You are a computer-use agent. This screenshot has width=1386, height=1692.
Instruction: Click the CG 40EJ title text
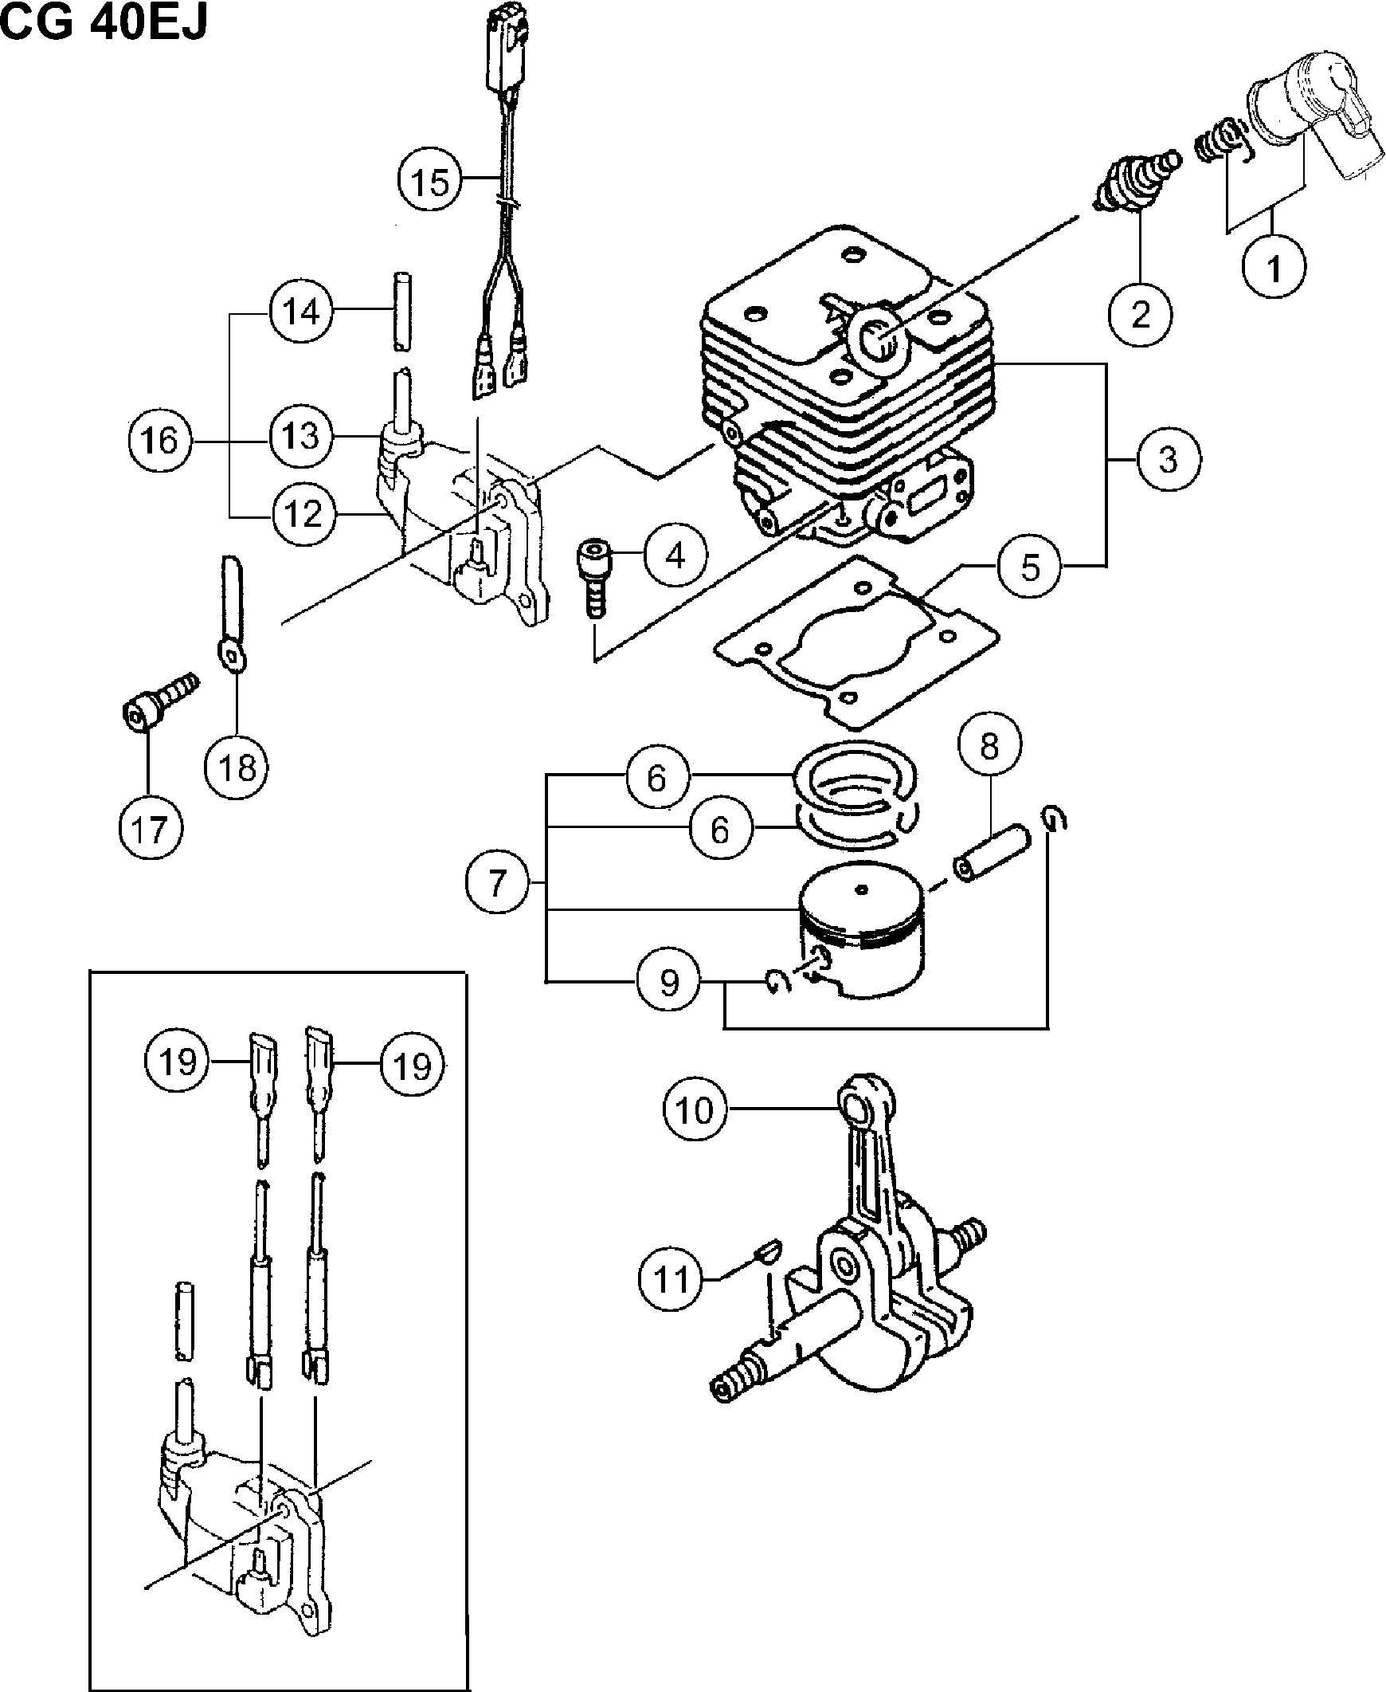[104, 22]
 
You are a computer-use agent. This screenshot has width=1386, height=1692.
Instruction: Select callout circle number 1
[1274, 267]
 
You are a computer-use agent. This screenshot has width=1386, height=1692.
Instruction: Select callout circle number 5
[1030, 567]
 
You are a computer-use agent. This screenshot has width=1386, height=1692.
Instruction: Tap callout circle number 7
[497, 882]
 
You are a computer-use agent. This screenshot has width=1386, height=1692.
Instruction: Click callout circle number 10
[695, 1109]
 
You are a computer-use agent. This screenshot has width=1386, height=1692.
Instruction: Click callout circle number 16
[159, 439]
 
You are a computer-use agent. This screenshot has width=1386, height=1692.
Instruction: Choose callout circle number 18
[237, 767]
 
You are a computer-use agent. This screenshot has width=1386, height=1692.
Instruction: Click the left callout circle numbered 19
[178, 1062]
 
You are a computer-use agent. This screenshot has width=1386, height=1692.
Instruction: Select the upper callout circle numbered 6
[657, 777]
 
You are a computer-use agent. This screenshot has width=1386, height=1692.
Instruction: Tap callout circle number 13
[301, 436]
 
